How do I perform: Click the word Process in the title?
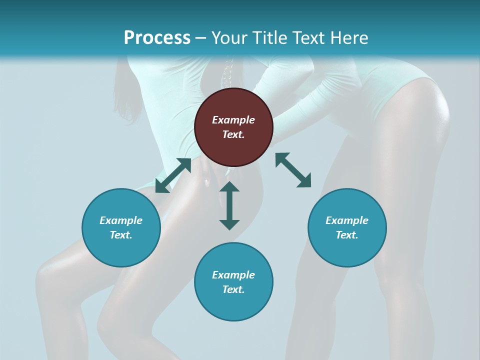157,38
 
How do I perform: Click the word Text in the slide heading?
308,38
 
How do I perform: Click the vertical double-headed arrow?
229,205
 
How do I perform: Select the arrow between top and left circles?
173,175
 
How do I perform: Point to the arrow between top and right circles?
293,170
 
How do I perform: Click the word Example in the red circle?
233,120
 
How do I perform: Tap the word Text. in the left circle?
121,235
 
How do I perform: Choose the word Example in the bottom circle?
233,275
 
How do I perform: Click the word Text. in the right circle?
347,235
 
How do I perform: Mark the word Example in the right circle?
347,220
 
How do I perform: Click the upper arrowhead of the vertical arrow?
229,187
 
